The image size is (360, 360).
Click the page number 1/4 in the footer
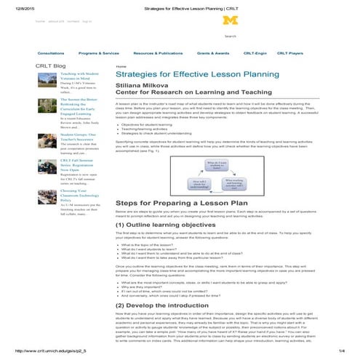tap(341, 351)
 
